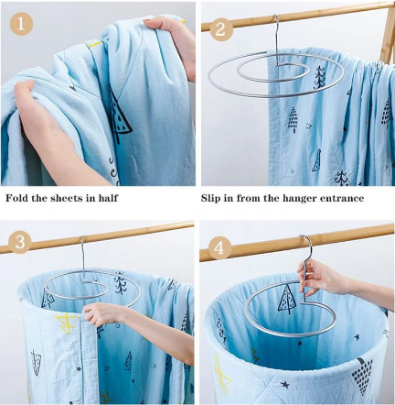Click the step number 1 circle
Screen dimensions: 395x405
coord(21,24)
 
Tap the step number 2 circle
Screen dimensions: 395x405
coord(220,30)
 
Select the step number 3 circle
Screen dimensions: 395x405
coord(20,242)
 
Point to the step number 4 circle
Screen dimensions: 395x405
coord(219,248)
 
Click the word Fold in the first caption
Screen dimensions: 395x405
coord(17,198)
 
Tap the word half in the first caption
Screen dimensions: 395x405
coord(108,198)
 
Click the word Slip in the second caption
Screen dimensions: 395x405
coord(211,198)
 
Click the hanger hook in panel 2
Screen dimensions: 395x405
coord(276,38)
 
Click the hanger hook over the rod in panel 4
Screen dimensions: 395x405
coord(305,245)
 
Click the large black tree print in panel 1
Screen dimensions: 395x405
coord(121,117)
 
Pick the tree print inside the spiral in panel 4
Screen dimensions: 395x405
coord(286,300)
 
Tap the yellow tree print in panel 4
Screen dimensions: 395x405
coord(222,373)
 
